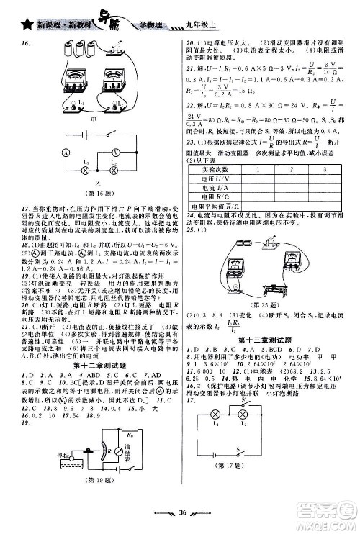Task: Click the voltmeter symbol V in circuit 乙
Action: coord(117,153)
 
